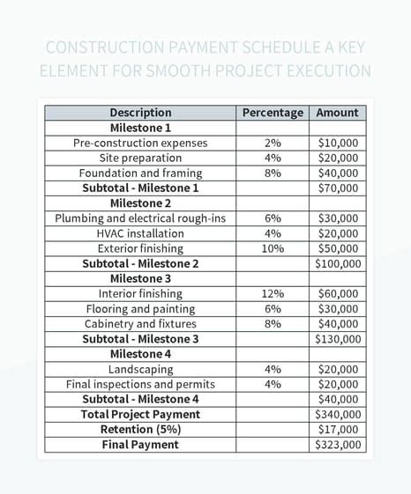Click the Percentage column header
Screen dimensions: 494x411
pos(273,113)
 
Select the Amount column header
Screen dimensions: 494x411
pos(338,113)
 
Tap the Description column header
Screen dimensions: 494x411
pos(140,113)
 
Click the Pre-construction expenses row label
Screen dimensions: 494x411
pos(140,143)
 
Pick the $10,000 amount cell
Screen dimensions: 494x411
pos(338,143)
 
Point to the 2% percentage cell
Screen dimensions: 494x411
pos(273,143)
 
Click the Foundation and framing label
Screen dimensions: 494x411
pos(140,173)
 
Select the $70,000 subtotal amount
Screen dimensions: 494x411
pos(338,188)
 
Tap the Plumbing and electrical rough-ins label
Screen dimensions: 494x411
pos(140,218)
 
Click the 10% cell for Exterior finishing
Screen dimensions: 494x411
pos(273,248)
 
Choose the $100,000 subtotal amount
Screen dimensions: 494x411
pos(338,263)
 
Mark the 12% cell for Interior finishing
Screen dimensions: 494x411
pos(273,293)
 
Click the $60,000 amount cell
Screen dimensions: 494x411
pos(338,293)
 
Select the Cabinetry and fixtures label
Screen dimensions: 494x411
pos(140,324)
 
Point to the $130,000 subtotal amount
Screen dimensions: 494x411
pos(338,339)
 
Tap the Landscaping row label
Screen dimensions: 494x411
pos(140,369)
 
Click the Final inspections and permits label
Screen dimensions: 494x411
pos(140,384)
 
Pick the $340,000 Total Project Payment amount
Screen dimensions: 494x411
pos(338,415)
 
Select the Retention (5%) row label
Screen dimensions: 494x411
pos(140,430)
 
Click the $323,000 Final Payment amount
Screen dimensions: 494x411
pos(338,445)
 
